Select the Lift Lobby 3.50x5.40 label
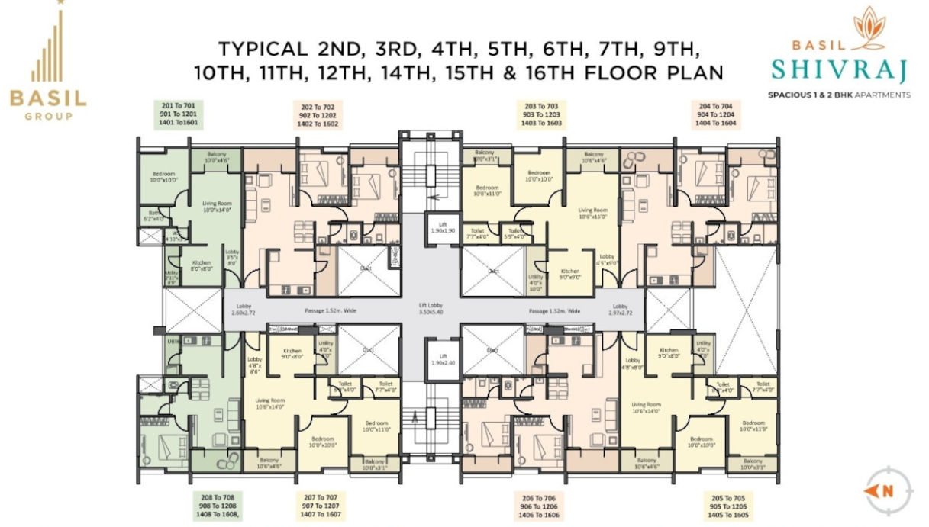tap(431, 308)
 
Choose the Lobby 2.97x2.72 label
tap(618, 308)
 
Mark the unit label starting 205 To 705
tap(727, 506)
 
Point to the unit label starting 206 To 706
tap(538, 506)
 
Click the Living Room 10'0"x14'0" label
tap(216, 206)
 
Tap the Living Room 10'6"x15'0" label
tap(592, 214)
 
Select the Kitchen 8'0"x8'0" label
tap(201, 265)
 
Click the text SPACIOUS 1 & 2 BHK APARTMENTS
tap(839, 95)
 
